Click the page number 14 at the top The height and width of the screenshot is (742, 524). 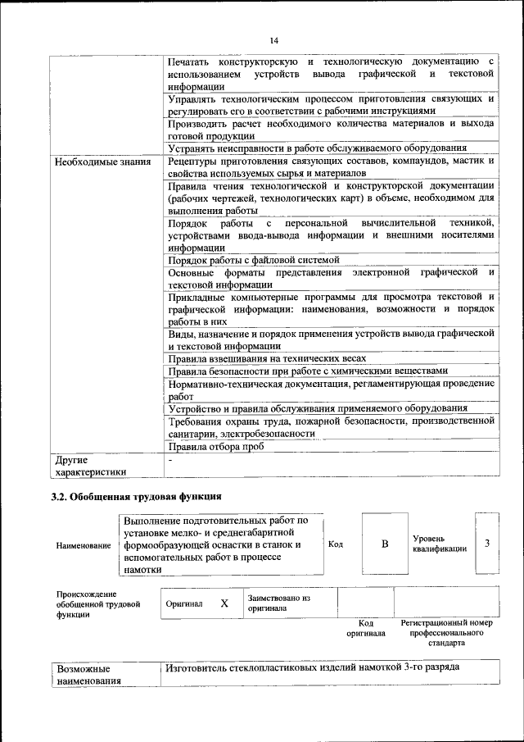coord(273,41)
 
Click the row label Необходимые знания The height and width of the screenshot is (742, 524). coord(103,161)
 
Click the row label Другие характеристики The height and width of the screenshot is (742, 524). coord(90,466)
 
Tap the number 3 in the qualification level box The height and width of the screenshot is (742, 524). coord(487,544)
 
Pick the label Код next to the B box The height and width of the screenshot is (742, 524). coord(335,544)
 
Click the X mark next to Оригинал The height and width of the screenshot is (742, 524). coord(224,603)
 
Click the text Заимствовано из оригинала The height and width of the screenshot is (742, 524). coord(278,603)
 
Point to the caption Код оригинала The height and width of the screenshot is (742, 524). coord(365,628)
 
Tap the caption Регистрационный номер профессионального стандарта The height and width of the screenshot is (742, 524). coord(447,633)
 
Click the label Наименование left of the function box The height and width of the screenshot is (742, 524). coord(84,544)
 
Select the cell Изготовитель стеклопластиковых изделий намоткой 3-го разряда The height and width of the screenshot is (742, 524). coord(311,667)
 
